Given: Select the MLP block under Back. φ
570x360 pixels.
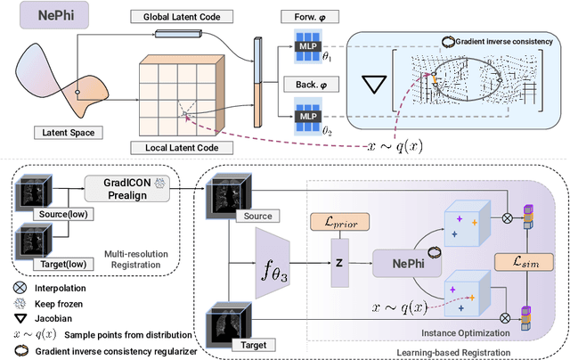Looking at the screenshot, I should point(305,115).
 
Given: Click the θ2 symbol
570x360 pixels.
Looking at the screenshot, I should point(326,130).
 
